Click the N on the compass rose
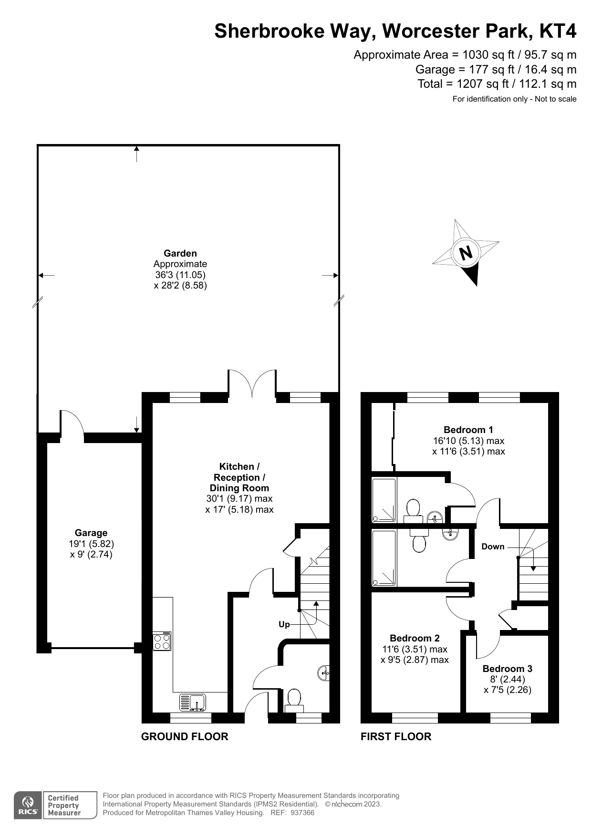466,252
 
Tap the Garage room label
91,533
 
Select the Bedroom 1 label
468,430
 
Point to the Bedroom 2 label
415,638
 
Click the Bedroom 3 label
507,669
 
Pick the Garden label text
180,253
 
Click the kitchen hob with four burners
162,641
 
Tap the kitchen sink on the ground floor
192,702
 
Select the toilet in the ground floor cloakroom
293,700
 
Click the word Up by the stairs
284,624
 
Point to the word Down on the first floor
493,547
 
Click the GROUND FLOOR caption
185,736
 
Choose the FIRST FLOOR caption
396,736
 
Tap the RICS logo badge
28,805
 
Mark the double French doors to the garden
252,383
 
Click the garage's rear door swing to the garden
72,422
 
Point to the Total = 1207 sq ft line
497,84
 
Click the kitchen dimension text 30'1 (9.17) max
239,498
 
